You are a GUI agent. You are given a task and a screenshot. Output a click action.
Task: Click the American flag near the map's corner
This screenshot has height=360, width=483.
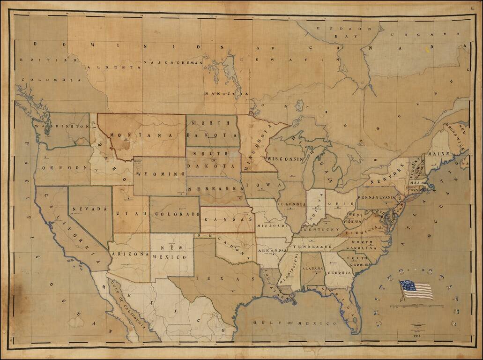tap(416, 290)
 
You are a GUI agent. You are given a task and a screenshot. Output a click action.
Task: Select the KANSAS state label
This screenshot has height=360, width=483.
tap(227, 219)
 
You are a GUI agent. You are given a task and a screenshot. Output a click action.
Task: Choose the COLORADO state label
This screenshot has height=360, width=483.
tap(174, 214)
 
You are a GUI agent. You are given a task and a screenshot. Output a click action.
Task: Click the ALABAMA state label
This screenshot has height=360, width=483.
tap(312, 269)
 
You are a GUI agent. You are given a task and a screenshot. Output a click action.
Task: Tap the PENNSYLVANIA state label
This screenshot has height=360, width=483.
tap(377, 197)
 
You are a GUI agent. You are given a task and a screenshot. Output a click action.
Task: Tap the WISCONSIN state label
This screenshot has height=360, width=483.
tap(285, 159)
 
